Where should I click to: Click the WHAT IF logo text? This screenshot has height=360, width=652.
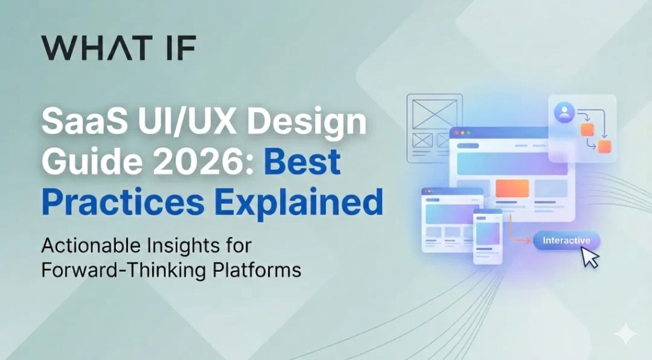(118, 48)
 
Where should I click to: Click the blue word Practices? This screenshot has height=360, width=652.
(123, 202)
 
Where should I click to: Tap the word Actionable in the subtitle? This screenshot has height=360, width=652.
(88, 245)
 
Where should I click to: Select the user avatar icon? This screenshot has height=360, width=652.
(564, 112)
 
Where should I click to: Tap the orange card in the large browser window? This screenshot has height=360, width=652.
(512, 188)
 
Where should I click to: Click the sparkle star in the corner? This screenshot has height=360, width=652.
(626, 334)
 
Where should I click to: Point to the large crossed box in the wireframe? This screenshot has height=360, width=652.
(435, 114)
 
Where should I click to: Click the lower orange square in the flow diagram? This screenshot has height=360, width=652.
(604, 147)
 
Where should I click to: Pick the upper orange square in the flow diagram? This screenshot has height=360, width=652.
(587, 130)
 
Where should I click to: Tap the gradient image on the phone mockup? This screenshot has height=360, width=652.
(488, 233)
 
